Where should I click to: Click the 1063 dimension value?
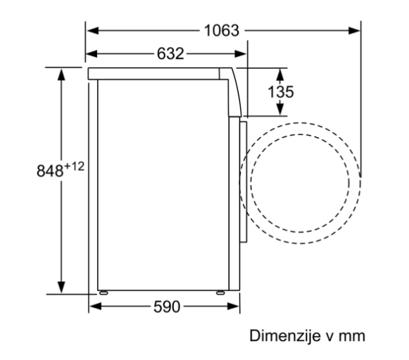pyautogui.click(x=222, y=30)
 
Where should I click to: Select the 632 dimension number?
pyautogui.click(x=170, y=53)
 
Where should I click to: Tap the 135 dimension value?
pyautogui.click(x=281, y=91)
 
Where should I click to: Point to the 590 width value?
pyautogui.click(x=167, y=307)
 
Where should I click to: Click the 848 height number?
pyautogui.click(x=50, y=171)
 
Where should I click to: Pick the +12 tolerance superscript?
pyautogui.click(x=74, y=167)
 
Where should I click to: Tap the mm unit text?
pyautogui.click(x=351, y=336)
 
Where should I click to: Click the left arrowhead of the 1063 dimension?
pyautogui.click(x=93, y=30)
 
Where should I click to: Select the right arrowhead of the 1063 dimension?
pyautogui.click(x=354, y=30)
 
